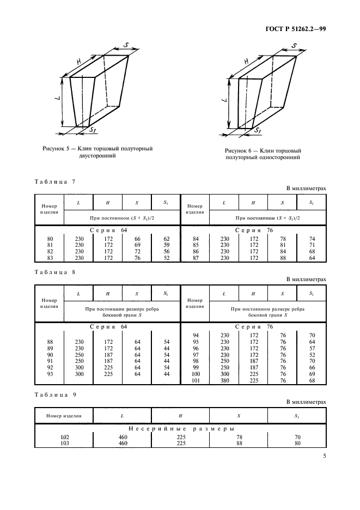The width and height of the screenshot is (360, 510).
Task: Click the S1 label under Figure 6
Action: (x=257, y=131)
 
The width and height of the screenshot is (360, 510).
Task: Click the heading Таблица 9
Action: (x=54, y=393)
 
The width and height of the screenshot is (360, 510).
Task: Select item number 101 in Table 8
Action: (x=197, y=380)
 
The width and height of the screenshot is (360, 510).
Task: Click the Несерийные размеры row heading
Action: (x=180, y=429)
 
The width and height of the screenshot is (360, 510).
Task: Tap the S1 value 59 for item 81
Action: (x=166, y=245)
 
